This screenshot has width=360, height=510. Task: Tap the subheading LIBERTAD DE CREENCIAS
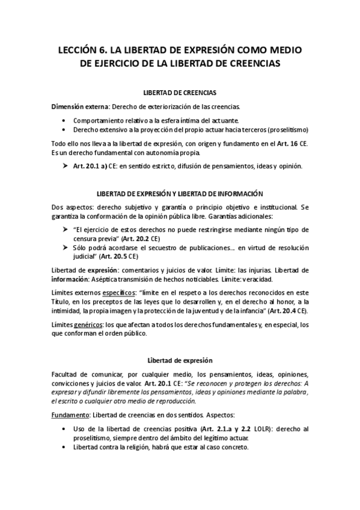180,93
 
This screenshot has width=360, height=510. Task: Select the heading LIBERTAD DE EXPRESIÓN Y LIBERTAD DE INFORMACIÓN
180,194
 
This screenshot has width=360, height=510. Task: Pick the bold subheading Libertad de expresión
180,360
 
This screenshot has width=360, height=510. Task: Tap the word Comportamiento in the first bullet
98,120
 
